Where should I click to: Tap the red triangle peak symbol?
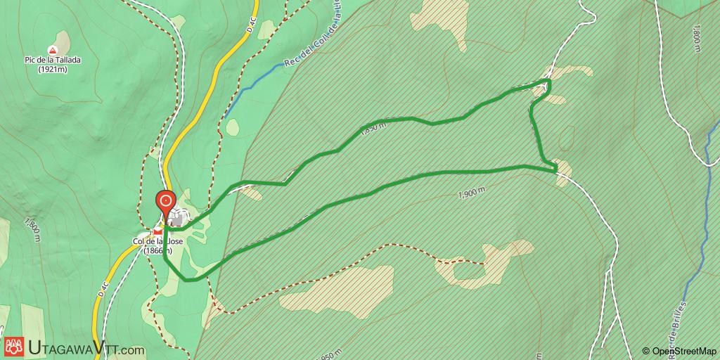pos(51,50)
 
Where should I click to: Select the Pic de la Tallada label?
pos(51,60)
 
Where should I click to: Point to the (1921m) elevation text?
pos(51,70)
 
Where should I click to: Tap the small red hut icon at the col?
pos(158,230)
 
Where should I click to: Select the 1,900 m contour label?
pos(471,193)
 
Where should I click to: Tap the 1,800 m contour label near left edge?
pos(31,232)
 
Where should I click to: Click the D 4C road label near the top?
pos(252,24)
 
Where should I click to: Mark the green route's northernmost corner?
pos(548,82)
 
